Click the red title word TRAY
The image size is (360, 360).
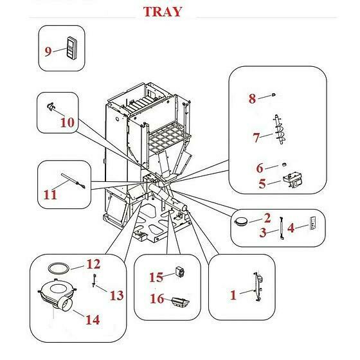163,12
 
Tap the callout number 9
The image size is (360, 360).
48,51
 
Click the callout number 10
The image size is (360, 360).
67,122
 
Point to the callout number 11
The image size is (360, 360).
50,195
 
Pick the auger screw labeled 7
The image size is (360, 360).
280,130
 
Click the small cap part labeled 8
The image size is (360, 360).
273,94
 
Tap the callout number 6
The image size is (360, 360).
260,168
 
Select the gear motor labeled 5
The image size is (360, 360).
292,181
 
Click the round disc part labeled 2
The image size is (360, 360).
240,221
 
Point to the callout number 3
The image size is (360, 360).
263,233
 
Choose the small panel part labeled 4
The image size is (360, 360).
312,222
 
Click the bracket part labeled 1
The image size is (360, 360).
258,286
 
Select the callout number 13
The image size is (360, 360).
116,295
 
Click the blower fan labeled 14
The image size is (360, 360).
57,295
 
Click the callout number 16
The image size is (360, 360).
157,299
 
